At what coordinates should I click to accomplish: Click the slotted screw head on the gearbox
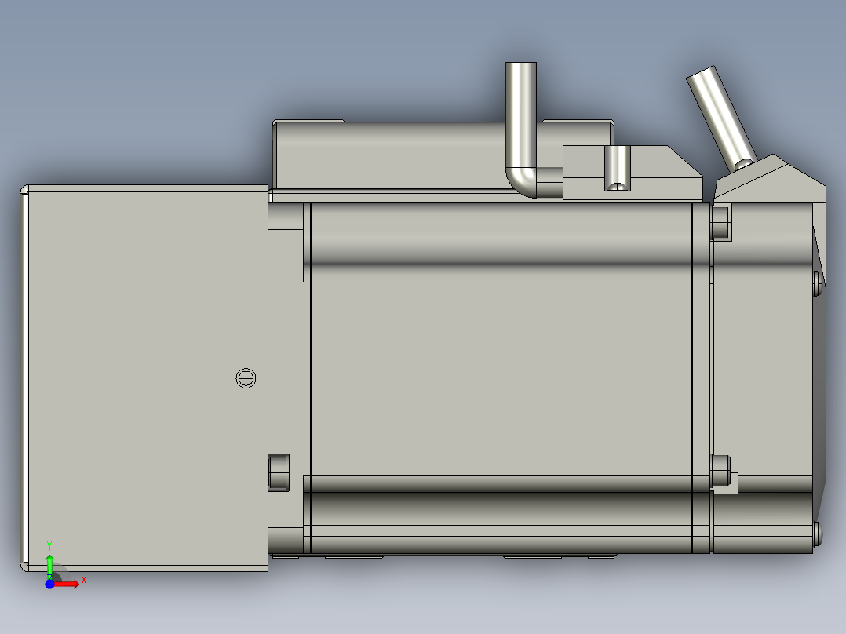tap(246, 377)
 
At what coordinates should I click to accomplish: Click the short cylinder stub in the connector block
tap(618, 168)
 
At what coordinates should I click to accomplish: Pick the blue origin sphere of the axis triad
tap(49, 584)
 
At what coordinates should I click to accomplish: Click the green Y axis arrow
tap(49, 564)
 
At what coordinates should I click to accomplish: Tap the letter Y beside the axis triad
tap(49, 544)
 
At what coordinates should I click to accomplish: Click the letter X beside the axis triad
tap(83, 580)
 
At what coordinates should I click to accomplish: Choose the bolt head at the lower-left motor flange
tap(279, 472)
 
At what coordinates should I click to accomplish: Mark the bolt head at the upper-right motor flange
tap(720, 221)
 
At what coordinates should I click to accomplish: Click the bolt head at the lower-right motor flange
tap(721, 472)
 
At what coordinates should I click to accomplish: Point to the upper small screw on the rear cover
tap(819, 282)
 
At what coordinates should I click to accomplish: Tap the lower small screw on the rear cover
tap(819, 534)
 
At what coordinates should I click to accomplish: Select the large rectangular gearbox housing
tap(145, 377)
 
